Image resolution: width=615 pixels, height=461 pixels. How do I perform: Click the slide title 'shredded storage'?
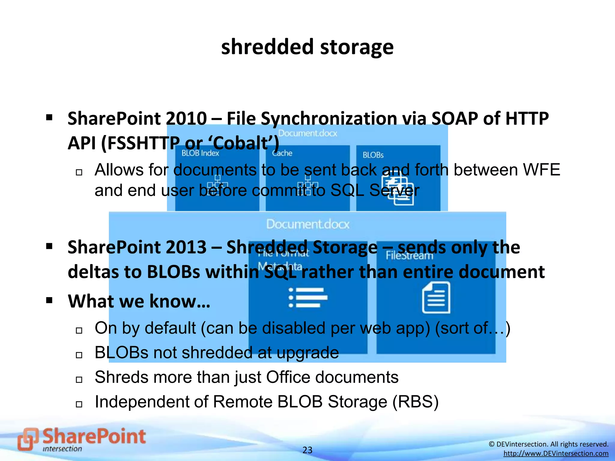(x=307, y=47)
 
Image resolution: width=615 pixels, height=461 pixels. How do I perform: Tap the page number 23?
(x=307, y=450)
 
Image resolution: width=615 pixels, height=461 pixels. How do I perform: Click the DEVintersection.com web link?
(x=556, y=453)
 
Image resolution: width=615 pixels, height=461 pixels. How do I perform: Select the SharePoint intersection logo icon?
(x=28, y=439)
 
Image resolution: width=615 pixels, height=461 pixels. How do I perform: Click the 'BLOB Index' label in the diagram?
(x=200, y=153)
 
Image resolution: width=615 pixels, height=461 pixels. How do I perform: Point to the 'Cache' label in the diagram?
(x=282, y=153)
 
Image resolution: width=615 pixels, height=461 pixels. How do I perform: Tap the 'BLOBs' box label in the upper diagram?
(x=373, y=155)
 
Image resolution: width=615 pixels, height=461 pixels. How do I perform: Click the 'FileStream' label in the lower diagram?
(x=409, y=256)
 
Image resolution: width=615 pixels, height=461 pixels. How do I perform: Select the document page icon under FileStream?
(x=436, y=297)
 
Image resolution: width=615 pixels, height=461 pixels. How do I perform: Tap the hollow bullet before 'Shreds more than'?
(x=79, y=380)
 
